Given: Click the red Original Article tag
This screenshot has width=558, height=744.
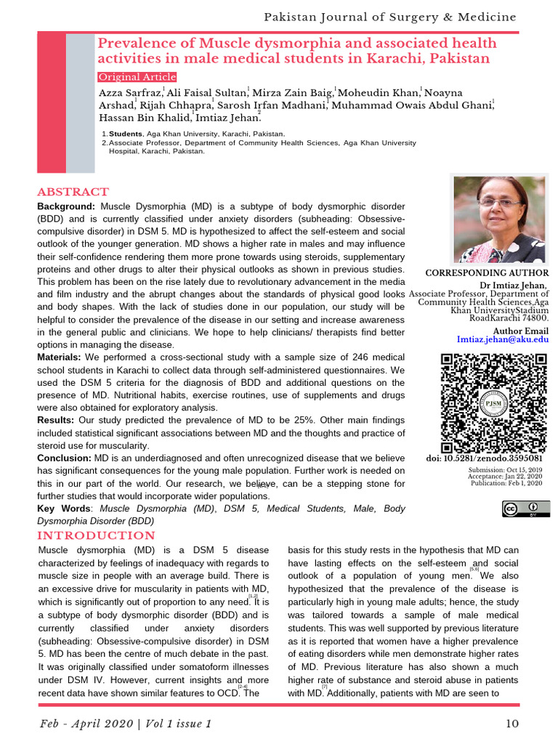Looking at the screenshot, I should pos(137,77).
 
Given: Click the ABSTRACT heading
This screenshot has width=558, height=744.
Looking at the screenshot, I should pos(73,193).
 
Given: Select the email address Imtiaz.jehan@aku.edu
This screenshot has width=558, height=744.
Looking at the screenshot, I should pos(503,339).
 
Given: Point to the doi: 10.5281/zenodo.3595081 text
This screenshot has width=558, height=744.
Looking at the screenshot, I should pos(484,458).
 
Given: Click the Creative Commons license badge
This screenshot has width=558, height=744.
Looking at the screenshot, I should pos(525,509).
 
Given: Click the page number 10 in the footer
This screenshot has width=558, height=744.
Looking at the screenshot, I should pos(512,724).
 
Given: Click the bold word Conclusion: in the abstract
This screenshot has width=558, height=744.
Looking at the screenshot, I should pos(64,458).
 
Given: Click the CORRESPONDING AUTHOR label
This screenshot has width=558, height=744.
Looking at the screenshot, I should pos(487,273).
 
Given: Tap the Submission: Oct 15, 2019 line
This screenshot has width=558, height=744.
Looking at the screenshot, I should pos(506,469).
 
